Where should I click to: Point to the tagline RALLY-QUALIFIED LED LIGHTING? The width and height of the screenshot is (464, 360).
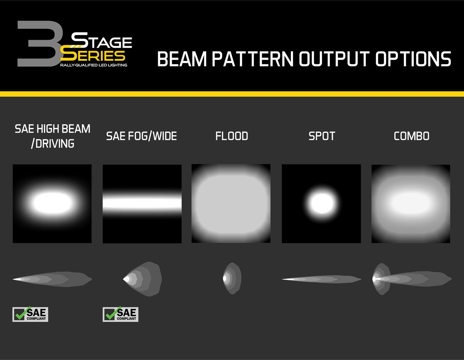click(93, 65)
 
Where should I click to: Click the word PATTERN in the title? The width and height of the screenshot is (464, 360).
click(253, 59)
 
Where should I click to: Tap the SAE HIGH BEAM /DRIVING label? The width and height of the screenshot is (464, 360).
click(53, 136)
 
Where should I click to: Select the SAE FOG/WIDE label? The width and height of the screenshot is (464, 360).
click(142, 136)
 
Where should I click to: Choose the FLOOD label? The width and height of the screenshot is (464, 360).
click(232, 136)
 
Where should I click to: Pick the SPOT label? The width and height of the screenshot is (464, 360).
click(322, 136)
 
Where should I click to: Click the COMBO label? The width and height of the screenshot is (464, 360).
click(411, 136)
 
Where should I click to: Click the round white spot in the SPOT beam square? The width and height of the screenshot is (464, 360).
click(322, 203)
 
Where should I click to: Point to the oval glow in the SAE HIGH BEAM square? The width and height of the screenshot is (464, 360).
click(52, 203)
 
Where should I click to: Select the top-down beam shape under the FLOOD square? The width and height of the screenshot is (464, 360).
click(232, 278)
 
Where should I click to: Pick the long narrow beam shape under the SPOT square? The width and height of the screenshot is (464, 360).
click(322, 279)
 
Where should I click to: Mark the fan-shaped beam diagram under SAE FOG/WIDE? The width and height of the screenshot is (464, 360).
click(142, 279)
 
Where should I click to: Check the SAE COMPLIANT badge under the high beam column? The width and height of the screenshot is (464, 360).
click(30, 314)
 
